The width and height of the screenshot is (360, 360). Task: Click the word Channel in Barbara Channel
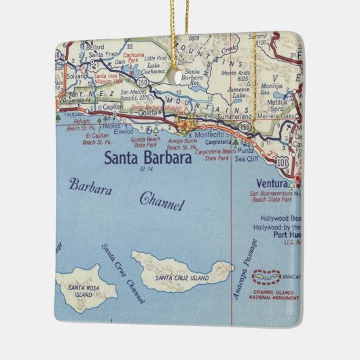click(x=162, y=202)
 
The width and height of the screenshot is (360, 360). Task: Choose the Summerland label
click(x=238, y=116)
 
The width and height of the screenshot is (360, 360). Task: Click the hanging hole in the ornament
click(x=181, y=77)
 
